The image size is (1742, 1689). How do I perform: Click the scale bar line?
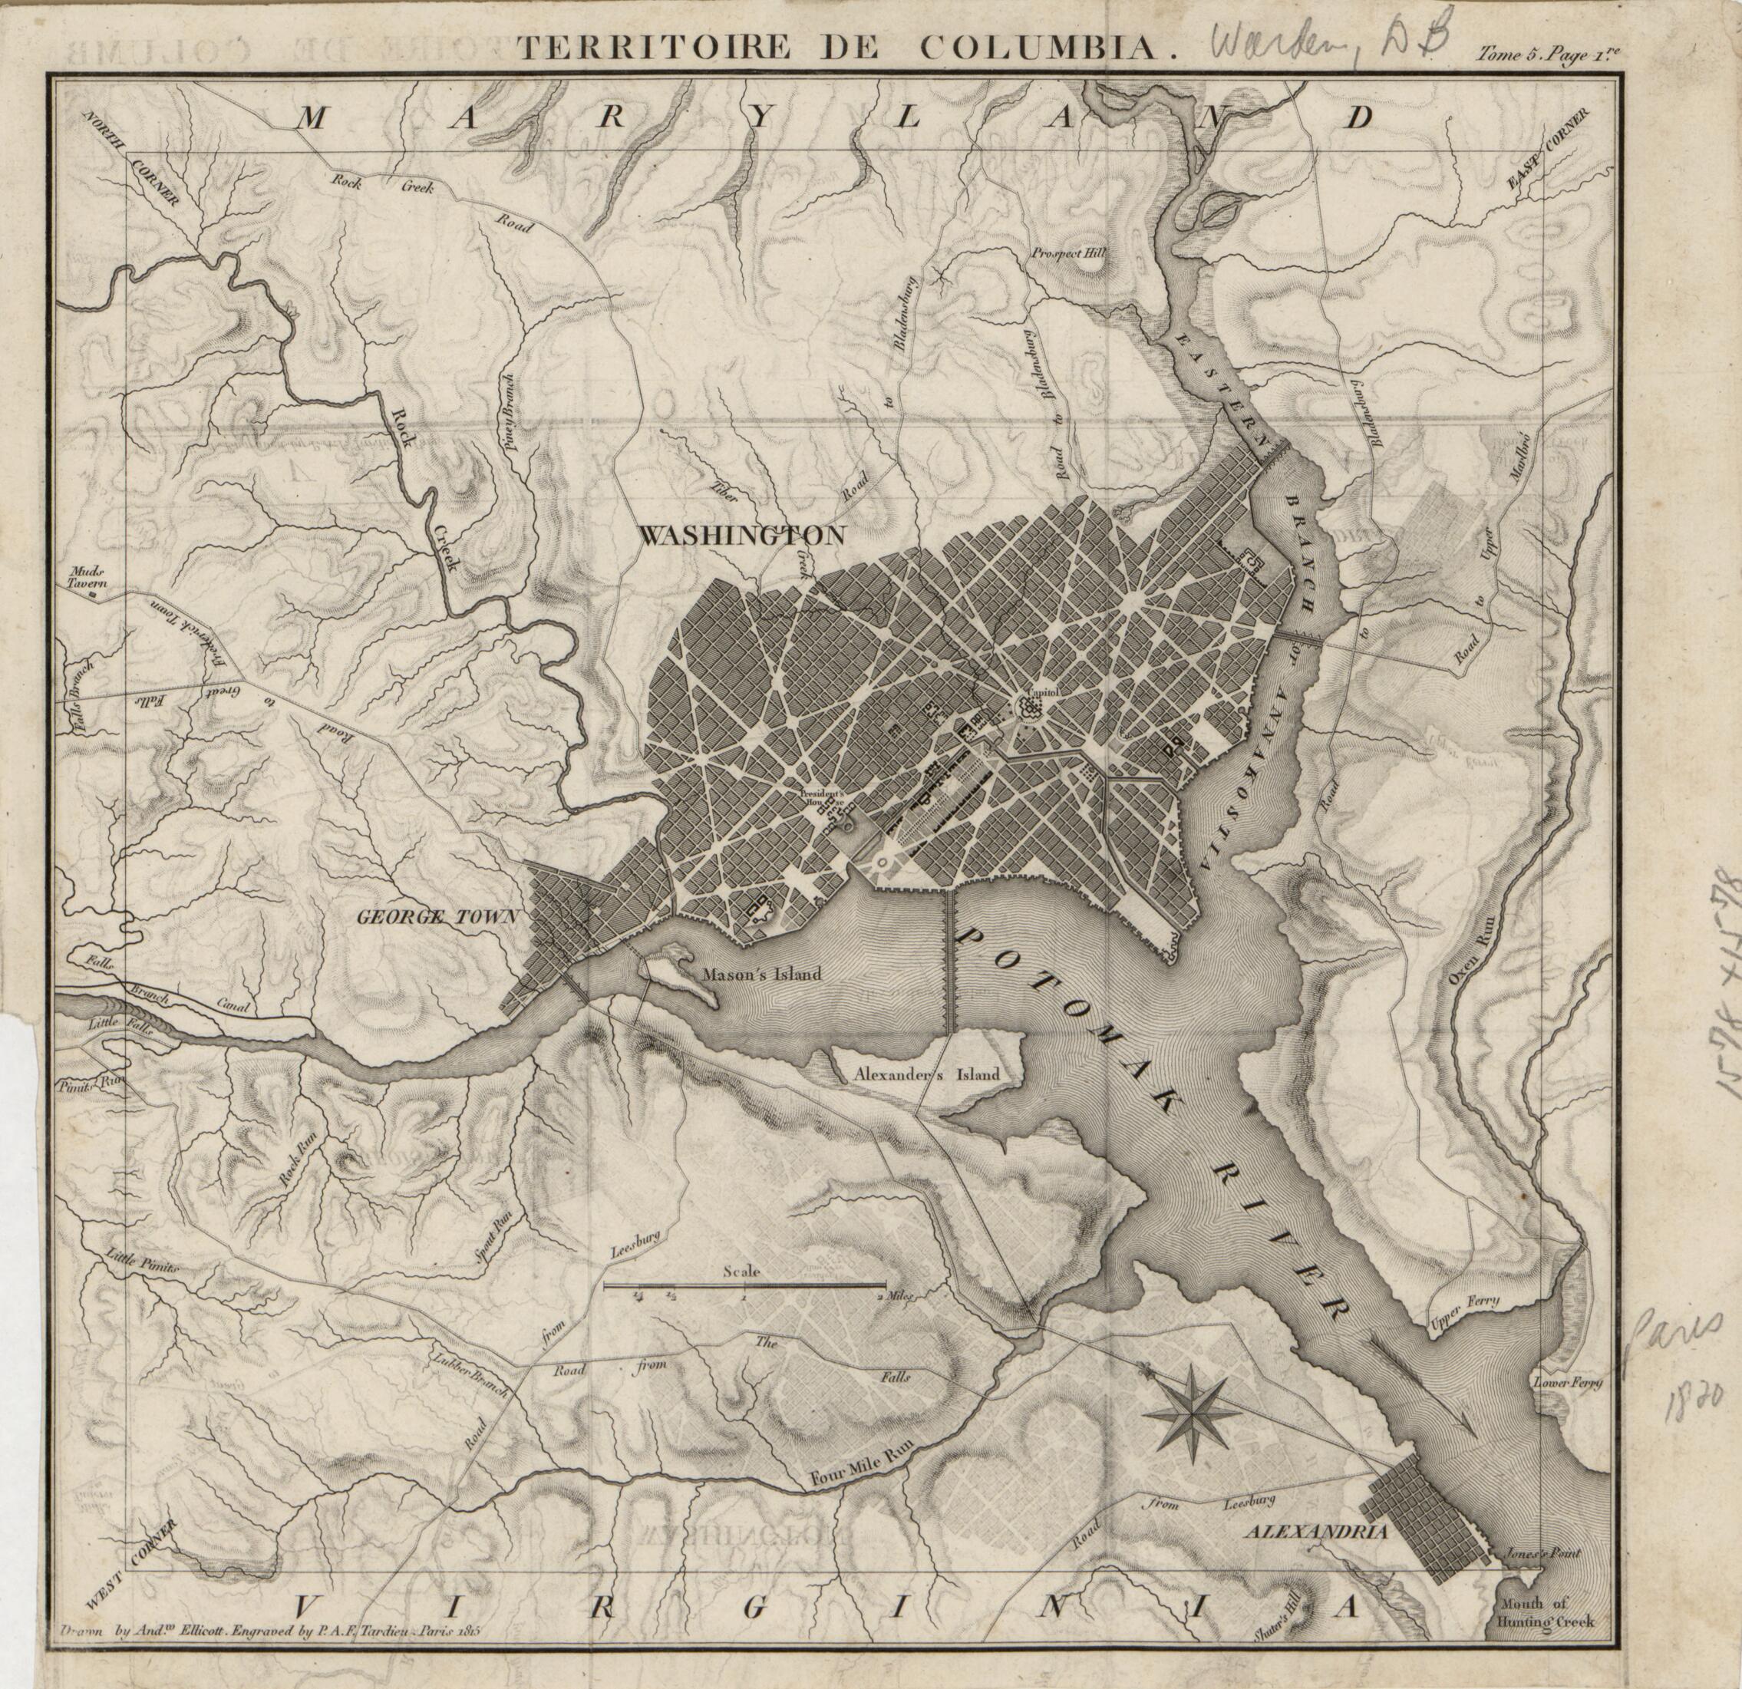click(x=744, y=1285)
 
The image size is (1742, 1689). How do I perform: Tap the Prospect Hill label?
click(x=1068, y=252)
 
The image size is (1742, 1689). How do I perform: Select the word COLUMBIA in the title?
click(x=1039, y=47)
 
